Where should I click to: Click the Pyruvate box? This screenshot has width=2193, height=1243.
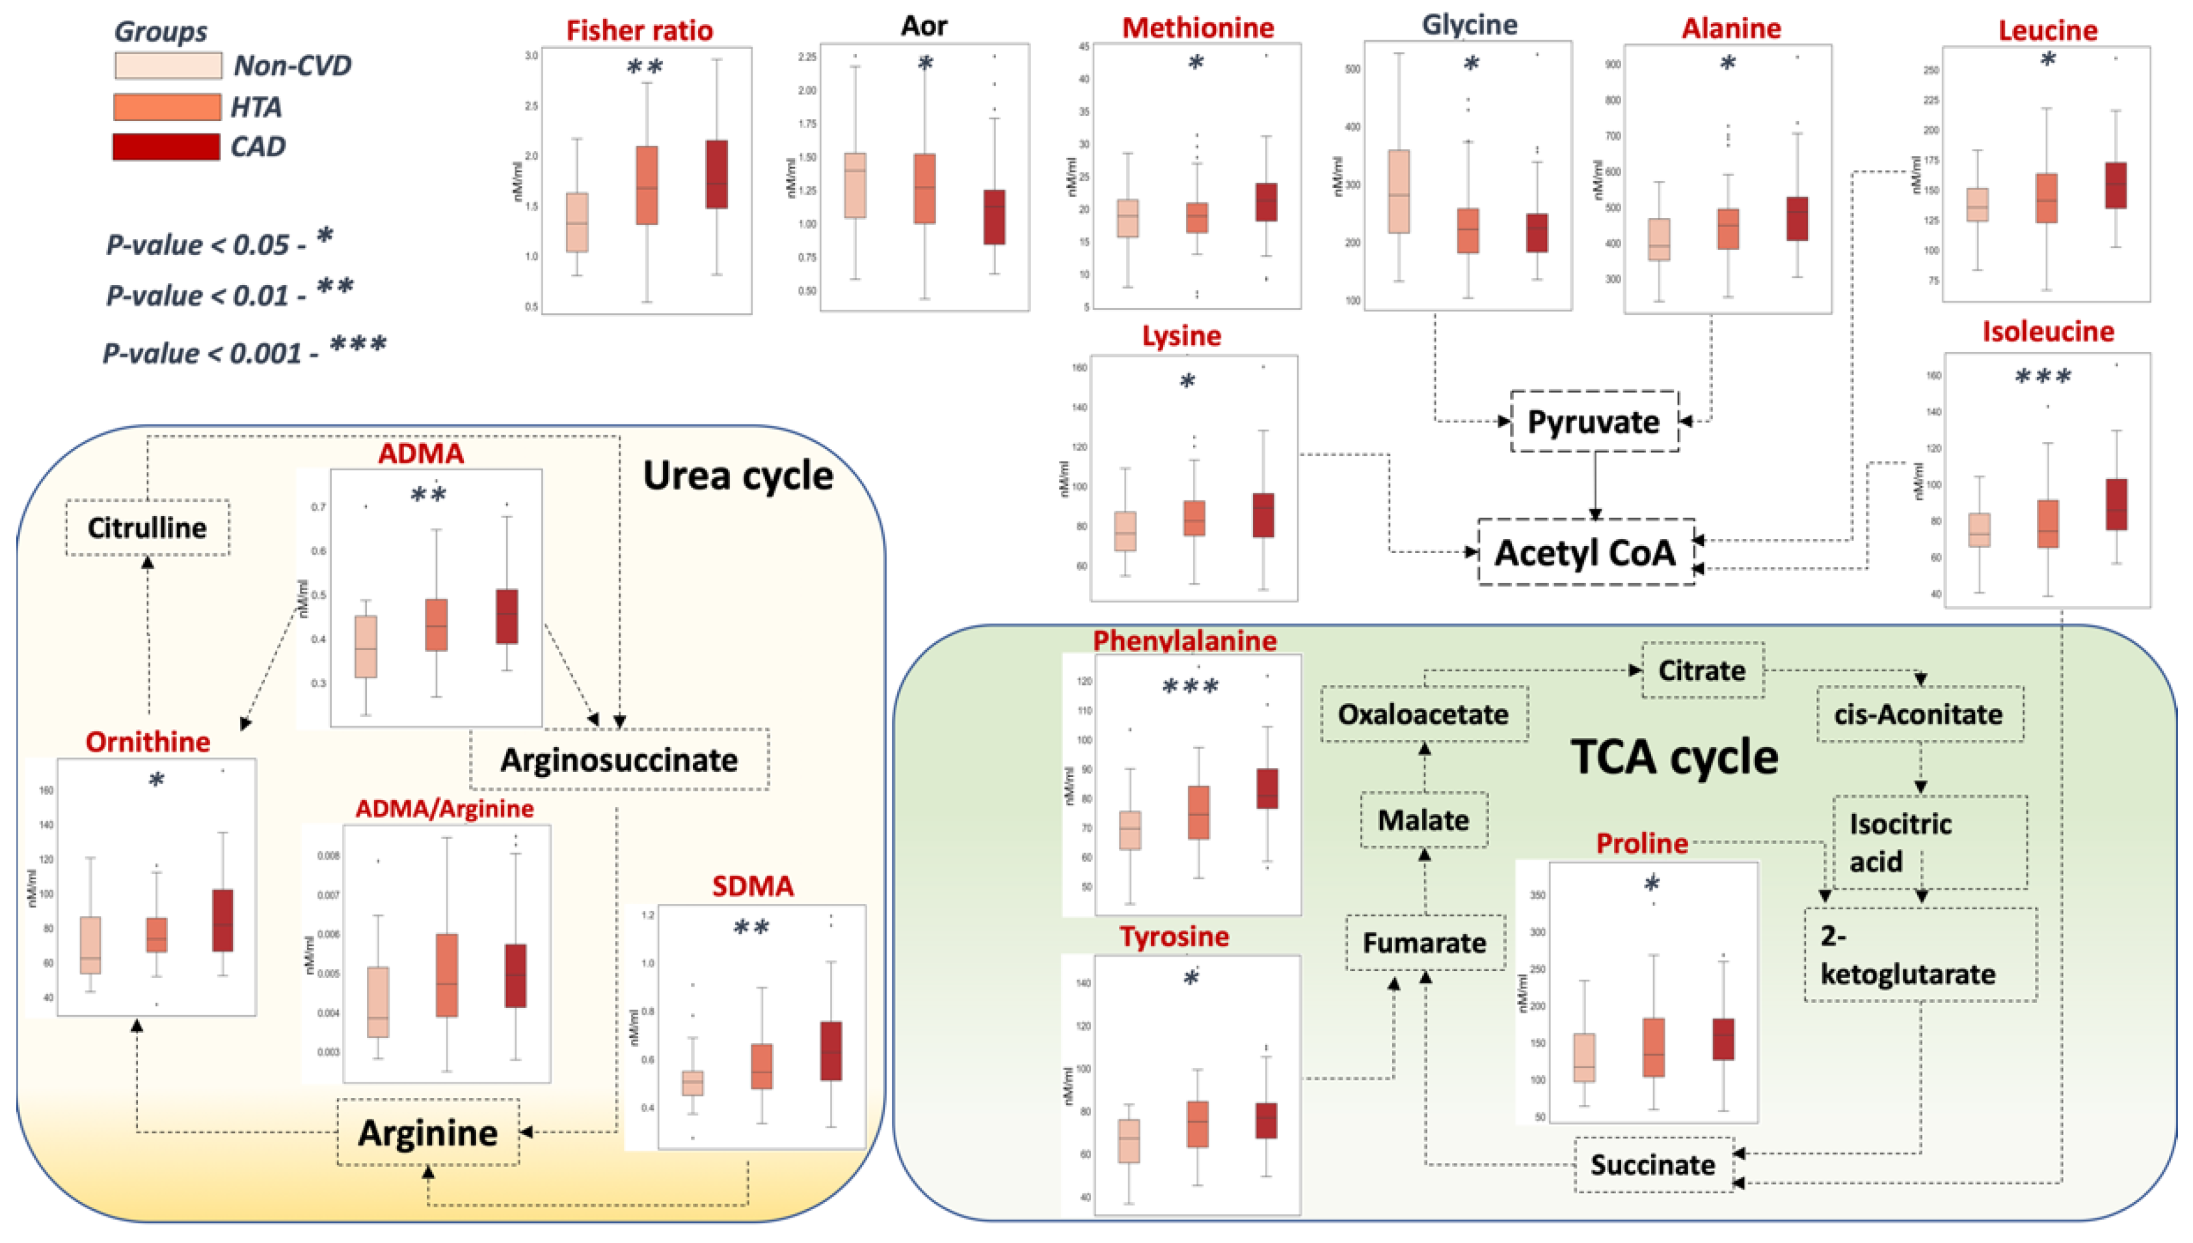1593,422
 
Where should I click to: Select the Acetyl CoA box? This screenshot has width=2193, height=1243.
1585,553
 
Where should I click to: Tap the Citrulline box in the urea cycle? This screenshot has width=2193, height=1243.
148,528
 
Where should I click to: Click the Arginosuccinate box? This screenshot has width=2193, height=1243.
619,759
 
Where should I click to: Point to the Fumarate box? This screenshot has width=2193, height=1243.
1424,942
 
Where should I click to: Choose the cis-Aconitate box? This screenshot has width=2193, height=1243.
1918,714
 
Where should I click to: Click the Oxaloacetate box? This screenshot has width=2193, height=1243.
1423,714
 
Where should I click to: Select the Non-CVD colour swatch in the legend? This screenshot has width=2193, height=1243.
168,66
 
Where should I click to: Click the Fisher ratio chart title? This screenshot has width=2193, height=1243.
639,31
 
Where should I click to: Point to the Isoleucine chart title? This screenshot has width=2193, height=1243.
2047,331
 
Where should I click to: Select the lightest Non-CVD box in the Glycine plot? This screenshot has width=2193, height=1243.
1399,191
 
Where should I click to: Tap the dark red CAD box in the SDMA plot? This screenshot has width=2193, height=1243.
831,1051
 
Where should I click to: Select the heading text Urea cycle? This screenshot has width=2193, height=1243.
737,476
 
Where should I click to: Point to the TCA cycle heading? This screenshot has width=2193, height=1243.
1675,756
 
